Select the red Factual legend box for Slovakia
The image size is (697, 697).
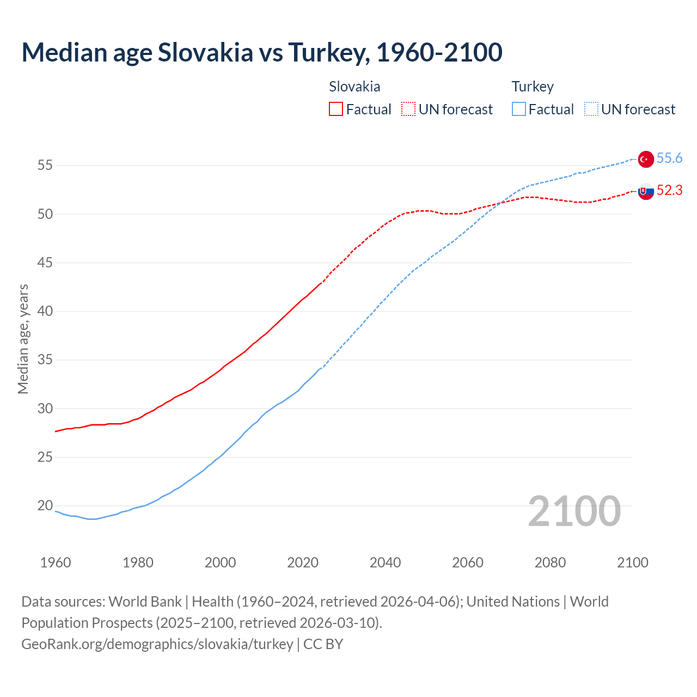click(x=336, y=109)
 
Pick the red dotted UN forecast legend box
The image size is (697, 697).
click(x=408, y=109)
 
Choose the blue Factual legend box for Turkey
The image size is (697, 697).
click(x=519, y=109)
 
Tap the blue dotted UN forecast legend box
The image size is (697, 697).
click(x=591, y=109)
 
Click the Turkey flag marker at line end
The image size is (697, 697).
click(x=646, y=158)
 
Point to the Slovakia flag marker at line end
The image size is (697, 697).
click(x=646, y=191)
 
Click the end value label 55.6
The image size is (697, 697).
click(x=669, y=158)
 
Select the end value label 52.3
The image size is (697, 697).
click(x=669, y=190)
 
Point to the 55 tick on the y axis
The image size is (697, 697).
click(x=45, y=166)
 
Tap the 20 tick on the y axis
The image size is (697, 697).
click(x=45, y=506)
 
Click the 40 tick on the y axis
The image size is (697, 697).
click(x=45, y=311)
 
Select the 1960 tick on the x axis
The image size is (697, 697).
click(x=56, y=563)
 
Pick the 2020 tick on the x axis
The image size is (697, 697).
click(x=303, y=563)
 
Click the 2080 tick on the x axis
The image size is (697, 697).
click(x=550, y=563)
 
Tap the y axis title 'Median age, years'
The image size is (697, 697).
click(x=23, y=339)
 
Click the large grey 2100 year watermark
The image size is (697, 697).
click(x=574, y=511)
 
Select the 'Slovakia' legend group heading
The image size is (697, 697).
click(x=354, y=87)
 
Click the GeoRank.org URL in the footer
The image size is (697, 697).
click(x=157, y=644)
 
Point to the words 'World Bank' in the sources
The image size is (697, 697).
click(x=145, y=602)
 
